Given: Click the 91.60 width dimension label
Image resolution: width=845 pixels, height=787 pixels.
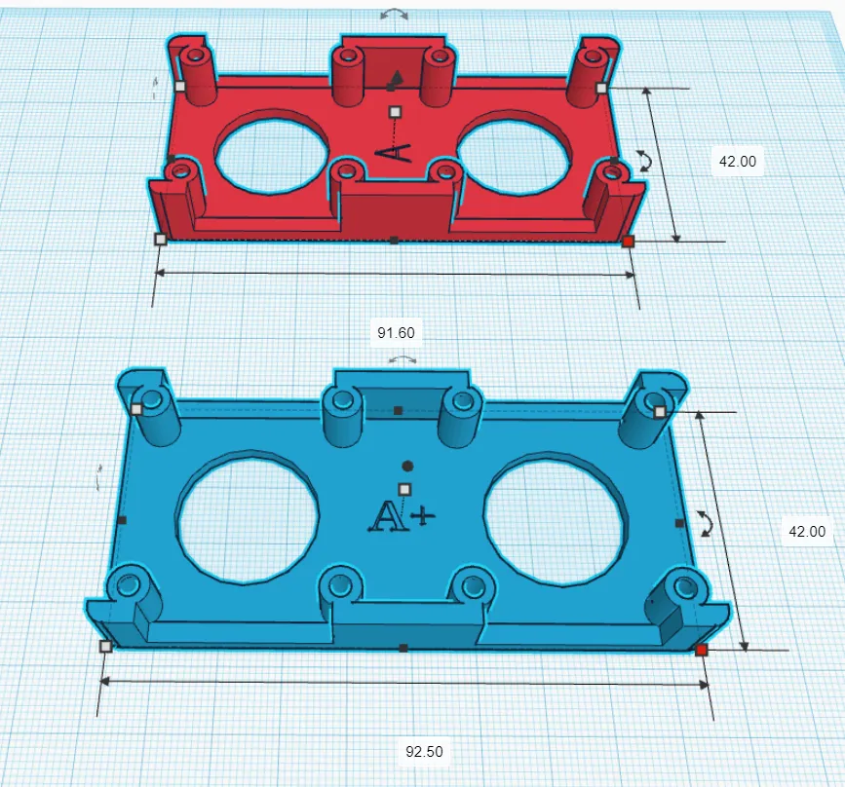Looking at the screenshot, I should (x=396, y=333).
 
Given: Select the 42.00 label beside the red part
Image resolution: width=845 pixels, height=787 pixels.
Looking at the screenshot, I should (x=737, y=163).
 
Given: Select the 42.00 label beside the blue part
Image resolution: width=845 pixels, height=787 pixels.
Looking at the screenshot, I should (x=805, y=532).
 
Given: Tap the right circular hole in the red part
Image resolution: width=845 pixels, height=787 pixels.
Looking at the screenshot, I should (x=514, y=152).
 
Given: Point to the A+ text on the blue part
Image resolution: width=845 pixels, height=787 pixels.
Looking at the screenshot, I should (x=400, y=516).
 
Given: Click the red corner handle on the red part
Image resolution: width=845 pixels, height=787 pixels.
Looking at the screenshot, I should (x=629, y=241).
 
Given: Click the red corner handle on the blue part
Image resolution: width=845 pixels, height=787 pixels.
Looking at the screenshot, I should (x=701, y=650).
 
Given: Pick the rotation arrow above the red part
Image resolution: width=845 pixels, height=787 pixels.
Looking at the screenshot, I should (x=395, y=15).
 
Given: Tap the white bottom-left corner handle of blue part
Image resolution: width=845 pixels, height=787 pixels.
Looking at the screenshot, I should (x=105, y=646).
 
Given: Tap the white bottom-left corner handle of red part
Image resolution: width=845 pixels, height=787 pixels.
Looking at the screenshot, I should (x=161, y=239).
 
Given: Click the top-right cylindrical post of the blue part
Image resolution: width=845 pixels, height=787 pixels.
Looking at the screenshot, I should (x=650, y=419).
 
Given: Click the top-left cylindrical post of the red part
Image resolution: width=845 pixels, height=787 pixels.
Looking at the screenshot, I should (x=198, y=73).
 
